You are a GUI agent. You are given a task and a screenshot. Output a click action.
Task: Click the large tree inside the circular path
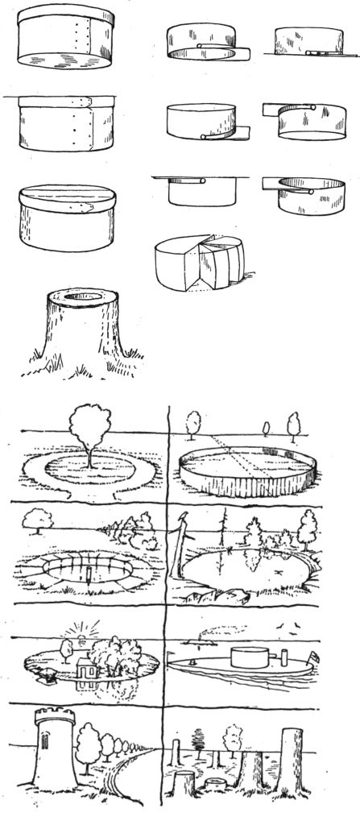coord(85,427)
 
